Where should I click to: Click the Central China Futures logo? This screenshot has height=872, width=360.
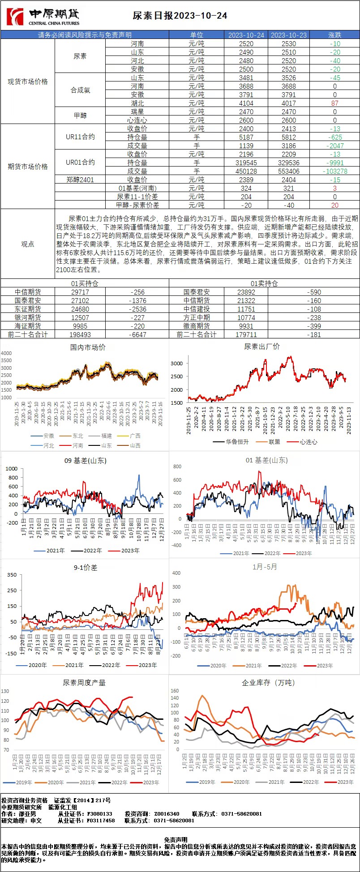click(x=43, y=17)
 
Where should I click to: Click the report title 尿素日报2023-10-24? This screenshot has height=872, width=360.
click(x=180, y=16)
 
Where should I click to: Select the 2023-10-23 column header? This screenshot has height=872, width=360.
click(x=289, y=35)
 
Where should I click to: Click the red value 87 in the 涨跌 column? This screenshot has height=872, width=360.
click(x=335, y=103)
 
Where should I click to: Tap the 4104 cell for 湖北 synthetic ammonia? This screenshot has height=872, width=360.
click(x=246, y=103)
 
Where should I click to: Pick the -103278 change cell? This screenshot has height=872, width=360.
click(x=335, y=171)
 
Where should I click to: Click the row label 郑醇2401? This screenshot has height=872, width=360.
click(x=80, y=180)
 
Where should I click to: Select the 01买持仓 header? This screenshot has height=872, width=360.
click(x=85, y=283)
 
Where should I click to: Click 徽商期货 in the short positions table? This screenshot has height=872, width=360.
click(x=197, y=326)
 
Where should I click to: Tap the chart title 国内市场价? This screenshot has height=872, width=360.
click(x=88, y=347)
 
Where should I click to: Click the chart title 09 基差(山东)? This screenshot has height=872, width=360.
click(x=84, y=460)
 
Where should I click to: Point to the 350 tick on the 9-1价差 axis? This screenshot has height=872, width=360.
click(x=12, y=574)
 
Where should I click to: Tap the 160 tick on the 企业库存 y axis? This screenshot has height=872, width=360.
click(x=175, y=691)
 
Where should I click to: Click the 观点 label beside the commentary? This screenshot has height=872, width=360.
click(x=28, y=244)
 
